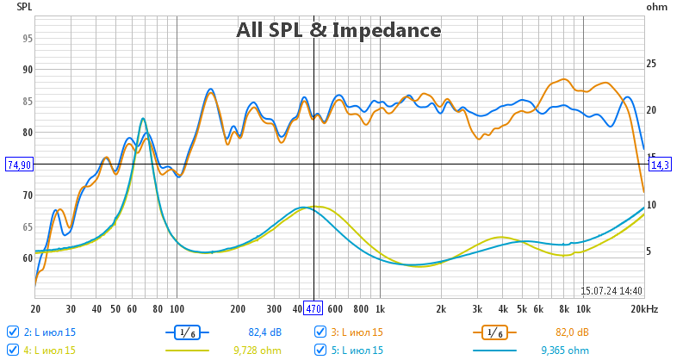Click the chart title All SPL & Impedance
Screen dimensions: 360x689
click(338, 31)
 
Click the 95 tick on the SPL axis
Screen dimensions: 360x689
click(28, 39)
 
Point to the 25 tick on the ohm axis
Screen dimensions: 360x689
click(652, 64)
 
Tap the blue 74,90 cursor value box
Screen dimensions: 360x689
click(19, 164)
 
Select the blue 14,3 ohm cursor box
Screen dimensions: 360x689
click(660, 164)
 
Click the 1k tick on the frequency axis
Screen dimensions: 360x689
click(380, 308)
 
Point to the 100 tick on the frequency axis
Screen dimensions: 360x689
click(177, 308)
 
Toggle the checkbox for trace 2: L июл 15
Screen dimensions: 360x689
click(12, 332)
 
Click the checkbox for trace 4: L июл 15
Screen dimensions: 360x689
click(12, 350)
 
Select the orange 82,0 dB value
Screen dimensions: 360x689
click(573, 332)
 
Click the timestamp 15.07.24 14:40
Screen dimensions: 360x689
click(611, 291)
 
